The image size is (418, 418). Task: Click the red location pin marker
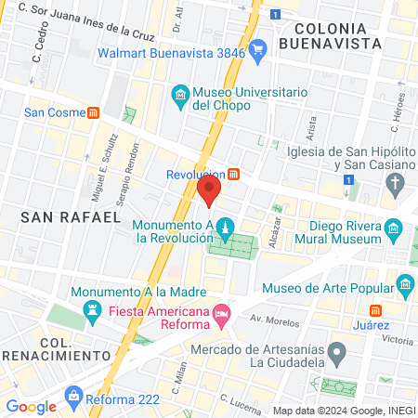(208, 190)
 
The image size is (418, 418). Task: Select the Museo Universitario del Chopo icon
(179, 94)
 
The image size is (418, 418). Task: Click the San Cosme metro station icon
(93, 113)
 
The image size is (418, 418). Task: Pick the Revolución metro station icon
(234, 174)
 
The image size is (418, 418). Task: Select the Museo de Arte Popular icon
(404, 283)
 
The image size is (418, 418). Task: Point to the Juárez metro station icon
(375, 310)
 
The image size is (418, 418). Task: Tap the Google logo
(31, 406)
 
